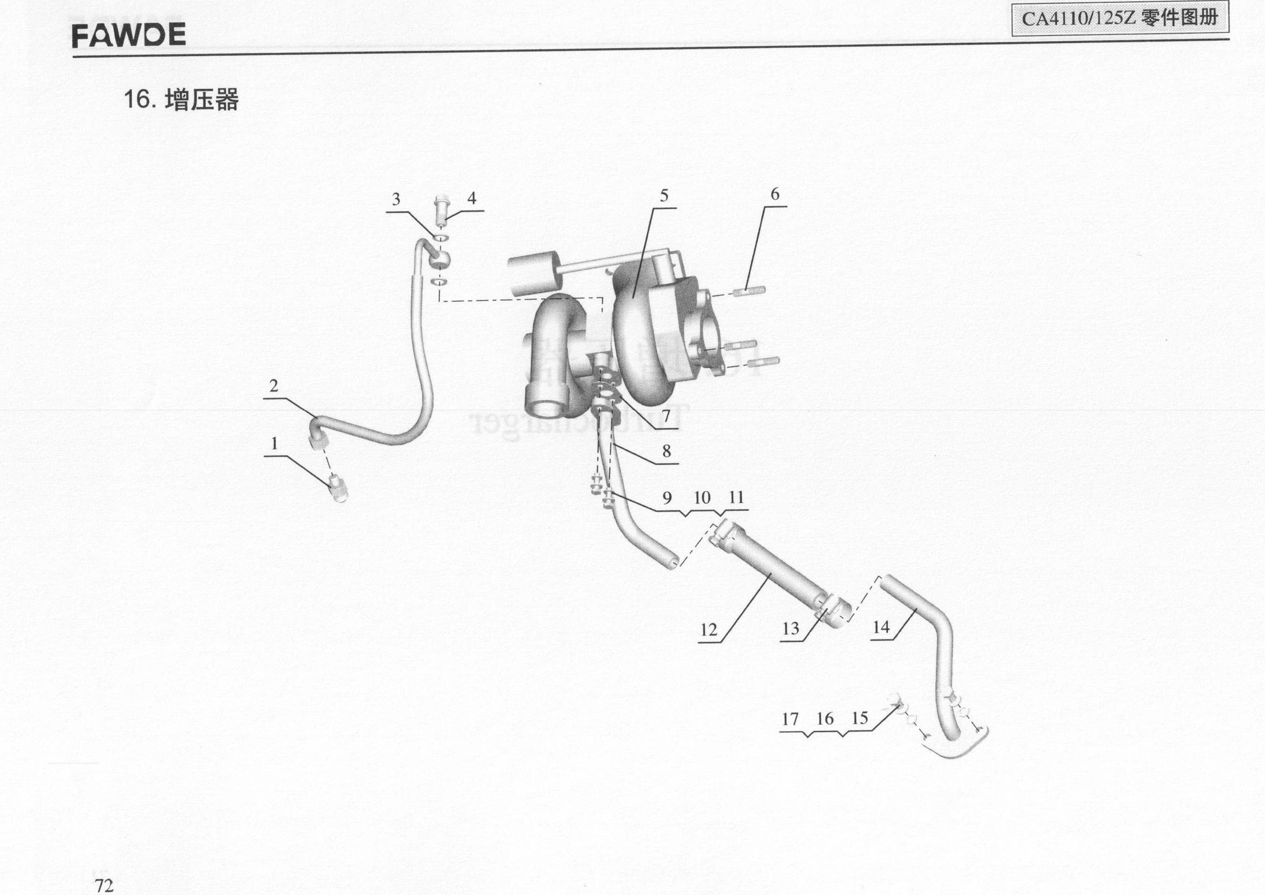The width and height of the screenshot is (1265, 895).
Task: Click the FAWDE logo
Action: point(129,35)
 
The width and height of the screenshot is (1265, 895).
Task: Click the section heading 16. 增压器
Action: point(181,100)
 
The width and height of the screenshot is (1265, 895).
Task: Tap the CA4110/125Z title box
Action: point(1120,19)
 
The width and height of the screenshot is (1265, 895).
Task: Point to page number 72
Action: point(104,885)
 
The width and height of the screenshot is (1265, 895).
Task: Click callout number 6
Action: point(775,194)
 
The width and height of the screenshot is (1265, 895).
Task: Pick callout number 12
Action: point(708,629)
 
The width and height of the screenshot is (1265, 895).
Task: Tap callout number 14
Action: point(881,627)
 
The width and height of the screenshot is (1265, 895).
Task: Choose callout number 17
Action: point(790,719)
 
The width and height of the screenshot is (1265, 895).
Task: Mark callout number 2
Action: point(274,386)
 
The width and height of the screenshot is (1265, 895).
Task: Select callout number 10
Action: point(702,498)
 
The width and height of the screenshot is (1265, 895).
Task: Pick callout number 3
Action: point(396,199)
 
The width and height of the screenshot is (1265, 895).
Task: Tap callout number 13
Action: point(791,628)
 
